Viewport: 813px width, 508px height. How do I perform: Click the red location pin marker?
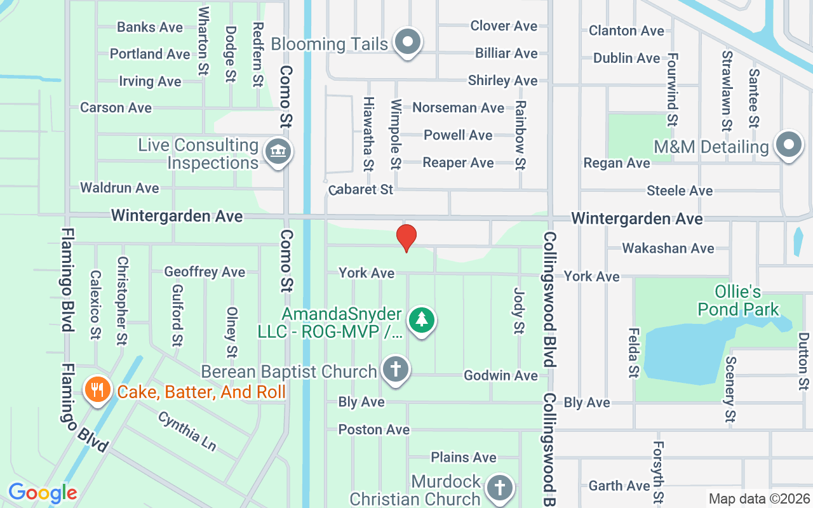tap(406, 237)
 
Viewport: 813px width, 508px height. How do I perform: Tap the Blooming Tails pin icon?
tap(408, 43)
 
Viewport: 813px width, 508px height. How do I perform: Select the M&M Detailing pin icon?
tap(788, 146)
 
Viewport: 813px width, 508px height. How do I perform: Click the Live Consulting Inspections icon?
tap(278, 152)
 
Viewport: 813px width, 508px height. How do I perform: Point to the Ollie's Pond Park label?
tap(738, 301)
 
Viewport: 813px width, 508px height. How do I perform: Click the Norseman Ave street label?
tap(458, 108)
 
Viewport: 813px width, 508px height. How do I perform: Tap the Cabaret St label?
tap(361, 189)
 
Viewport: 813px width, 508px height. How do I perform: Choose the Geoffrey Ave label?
tap(205, 272)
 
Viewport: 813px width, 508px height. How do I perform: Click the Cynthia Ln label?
tap(187, 431)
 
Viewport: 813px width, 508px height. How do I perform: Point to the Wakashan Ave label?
tap(668, 248)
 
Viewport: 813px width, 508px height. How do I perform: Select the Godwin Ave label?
tap(501, 375)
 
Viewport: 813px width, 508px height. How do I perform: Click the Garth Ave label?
tap(619, 486)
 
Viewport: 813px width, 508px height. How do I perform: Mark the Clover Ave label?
tap(504, 26)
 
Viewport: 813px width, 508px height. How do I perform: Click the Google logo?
tap(43, 493)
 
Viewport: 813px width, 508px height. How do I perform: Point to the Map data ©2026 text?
tap(760, 499)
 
